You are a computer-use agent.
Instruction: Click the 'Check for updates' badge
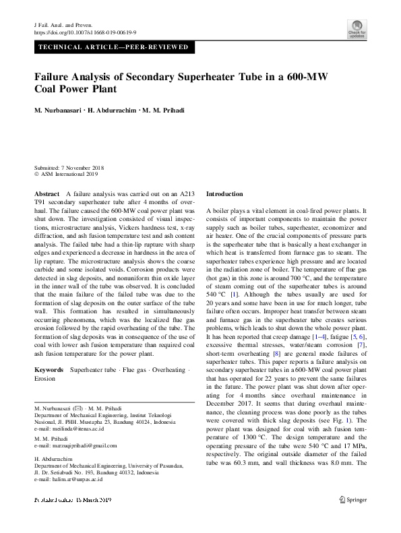(357, 28)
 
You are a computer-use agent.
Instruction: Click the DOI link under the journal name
(85, 32)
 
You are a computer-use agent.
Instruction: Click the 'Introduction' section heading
(224, 193)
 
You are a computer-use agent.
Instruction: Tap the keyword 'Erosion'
(44, 379)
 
